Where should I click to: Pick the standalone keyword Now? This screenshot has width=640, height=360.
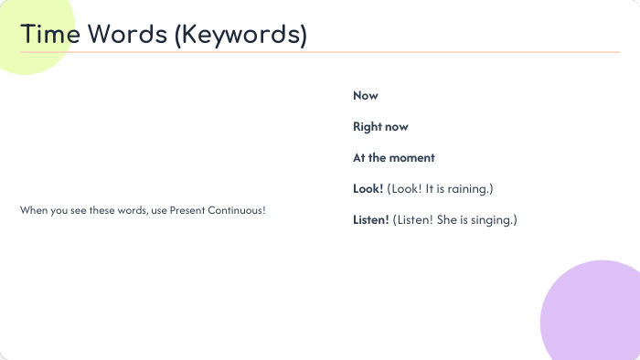(366, 96)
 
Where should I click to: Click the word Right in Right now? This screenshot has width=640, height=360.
(368, 127)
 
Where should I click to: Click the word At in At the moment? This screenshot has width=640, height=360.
(359, 158)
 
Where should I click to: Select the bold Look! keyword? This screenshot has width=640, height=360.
(368, 188)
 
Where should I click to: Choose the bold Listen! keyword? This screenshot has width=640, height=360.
(371, 219)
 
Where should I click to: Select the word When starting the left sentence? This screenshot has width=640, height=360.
(32, 211)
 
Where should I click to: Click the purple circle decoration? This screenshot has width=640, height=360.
(594, 315)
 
